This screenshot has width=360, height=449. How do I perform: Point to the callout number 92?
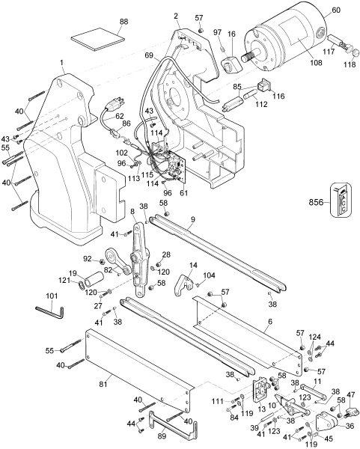point(87,259)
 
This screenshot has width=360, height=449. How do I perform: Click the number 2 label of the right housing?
point(176,16)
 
